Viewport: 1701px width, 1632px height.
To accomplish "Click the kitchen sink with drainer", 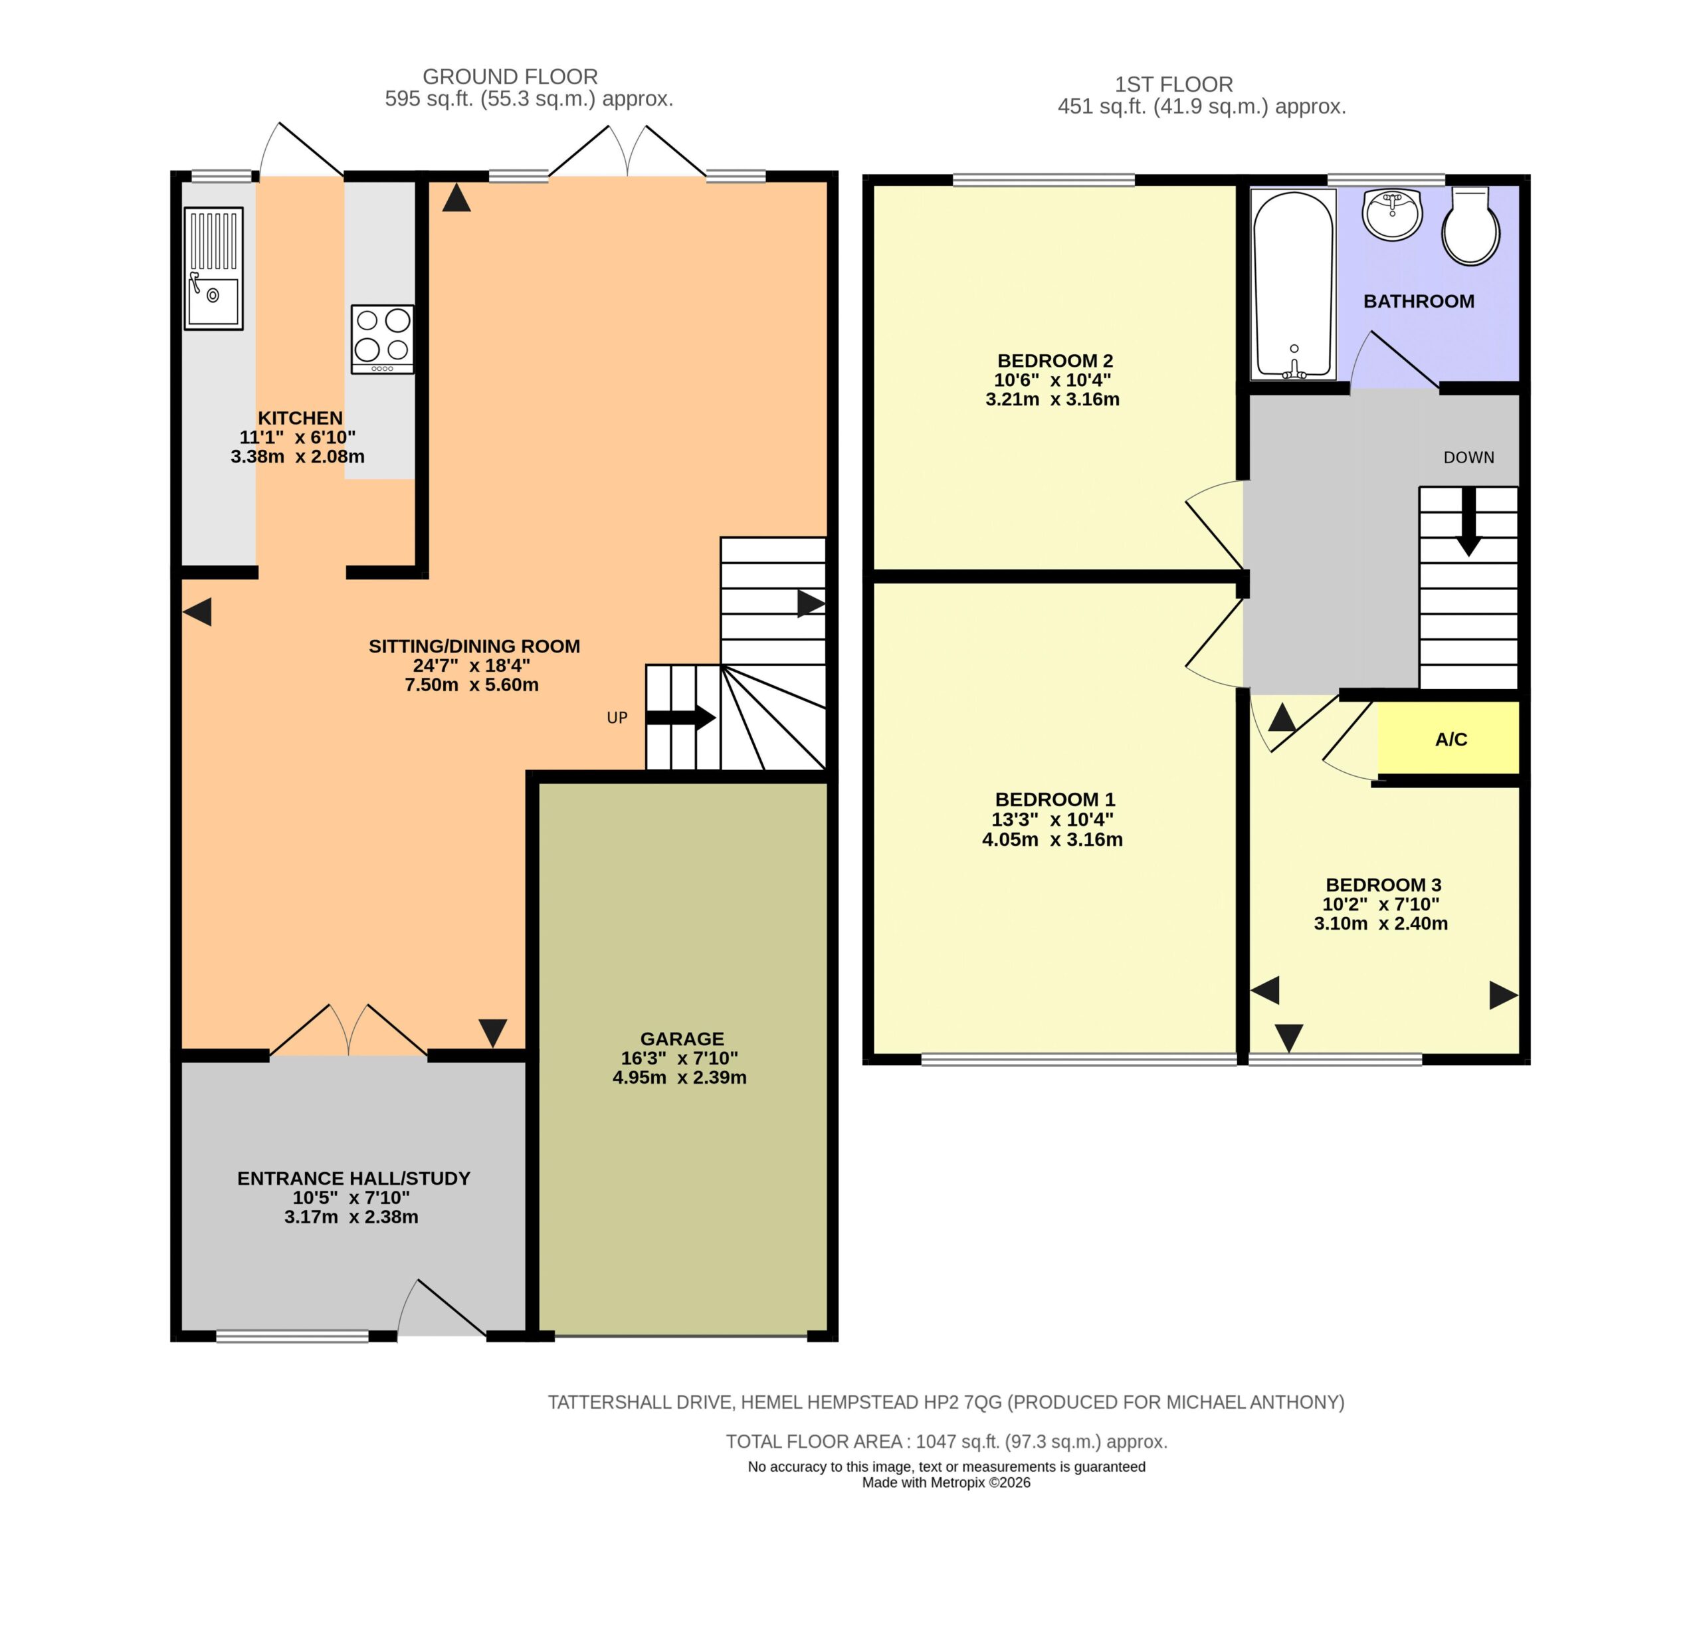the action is tap(213, 268).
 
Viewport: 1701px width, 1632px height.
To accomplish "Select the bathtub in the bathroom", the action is tap(1293, 284).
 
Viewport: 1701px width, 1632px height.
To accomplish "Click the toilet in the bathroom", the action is tap(1471, 225).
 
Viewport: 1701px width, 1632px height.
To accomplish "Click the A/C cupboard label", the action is tap(1451, 740).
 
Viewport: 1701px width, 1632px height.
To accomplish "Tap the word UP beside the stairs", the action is tap(617, 718).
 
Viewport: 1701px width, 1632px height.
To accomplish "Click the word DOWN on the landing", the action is tap(1469, 457).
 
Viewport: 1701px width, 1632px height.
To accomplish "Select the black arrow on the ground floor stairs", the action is tap(681, 718).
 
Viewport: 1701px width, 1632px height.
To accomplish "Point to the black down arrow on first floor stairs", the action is tap(1468, 521).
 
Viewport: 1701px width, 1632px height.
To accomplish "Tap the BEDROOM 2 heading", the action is tap(1055, 360).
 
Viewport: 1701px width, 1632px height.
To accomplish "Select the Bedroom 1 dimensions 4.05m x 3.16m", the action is tap(1052, 839).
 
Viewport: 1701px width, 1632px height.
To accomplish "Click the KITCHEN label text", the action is tap(300, 417).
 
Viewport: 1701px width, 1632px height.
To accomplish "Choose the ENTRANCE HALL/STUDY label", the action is tap(354, 1178).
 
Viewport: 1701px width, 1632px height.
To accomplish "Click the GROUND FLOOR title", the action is tap(510, 76).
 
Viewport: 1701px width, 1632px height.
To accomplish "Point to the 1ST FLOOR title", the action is tap(1174, 84).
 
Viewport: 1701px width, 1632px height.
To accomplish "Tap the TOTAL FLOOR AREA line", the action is tap(947, 1441).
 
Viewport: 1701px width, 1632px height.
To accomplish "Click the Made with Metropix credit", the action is tap(947, 1482).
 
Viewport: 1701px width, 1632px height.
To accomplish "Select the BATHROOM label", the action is tap(1419, 301).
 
